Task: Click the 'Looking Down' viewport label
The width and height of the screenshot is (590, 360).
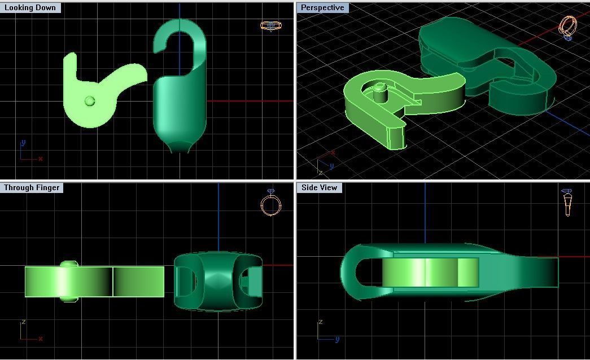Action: point(30,8)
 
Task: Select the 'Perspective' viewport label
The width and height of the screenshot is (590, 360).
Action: point(322,8)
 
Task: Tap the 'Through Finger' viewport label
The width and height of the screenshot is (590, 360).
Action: point(32,187)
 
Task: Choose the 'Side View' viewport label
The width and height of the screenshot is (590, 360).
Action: point(319,187)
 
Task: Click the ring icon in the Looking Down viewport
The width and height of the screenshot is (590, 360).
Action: point(271,25)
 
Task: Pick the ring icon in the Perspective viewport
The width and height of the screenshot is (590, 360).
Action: point(568,27)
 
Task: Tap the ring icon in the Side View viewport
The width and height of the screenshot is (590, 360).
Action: point(567,203)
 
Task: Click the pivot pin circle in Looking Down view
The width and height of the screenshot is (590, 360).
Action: point(89,101)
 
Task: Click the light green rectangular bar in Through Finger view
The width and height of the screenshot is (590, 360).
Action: point(94,282)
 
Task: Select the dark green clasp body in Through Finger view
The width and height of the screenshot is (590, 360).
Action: point(218,281)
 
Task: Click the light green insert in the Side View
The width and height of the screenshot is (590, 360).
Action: point(430,273)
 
